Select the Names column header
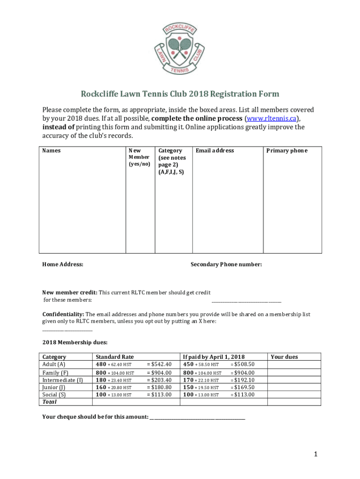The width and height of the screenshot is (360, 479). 51,151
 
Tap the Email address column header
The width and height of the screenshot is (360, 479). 215,151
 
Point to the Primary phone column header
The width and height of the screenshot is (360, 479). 287,151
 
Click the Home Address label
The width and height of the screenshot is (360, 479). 63,265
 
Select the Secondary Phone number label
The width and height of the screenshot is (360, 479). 226,265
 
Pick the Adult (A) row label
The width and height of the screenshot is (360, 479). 54,364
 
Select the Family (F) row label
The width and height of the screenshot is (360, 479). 55,373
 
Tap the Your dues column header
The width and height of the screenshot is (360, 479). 284,357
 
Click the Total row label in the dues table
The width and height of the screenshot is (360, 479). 49,402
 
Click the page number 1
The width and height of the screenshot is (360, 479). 316,454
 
